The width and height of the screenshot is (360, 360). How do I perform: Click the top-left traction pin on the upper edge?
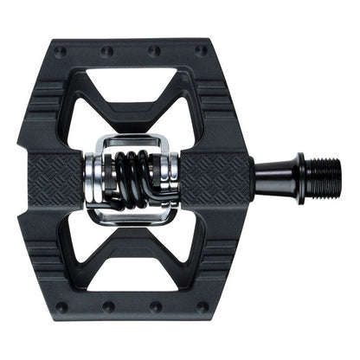tap(61, 51)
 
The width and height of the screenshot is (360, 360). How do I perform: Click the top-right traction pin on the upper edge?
tap(202, 51)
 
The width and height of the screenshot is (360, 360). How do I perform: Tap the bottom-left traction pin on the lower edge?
tap(61, 307)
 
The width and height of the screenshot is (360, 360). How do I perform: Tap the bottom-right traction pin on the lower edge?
tap(202, 307)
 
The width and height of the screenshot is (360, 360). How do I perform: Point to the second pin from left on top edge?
tap(107, 51)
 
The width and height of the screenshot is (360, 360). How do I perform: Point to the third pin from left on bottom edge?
tap(156, 307)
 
